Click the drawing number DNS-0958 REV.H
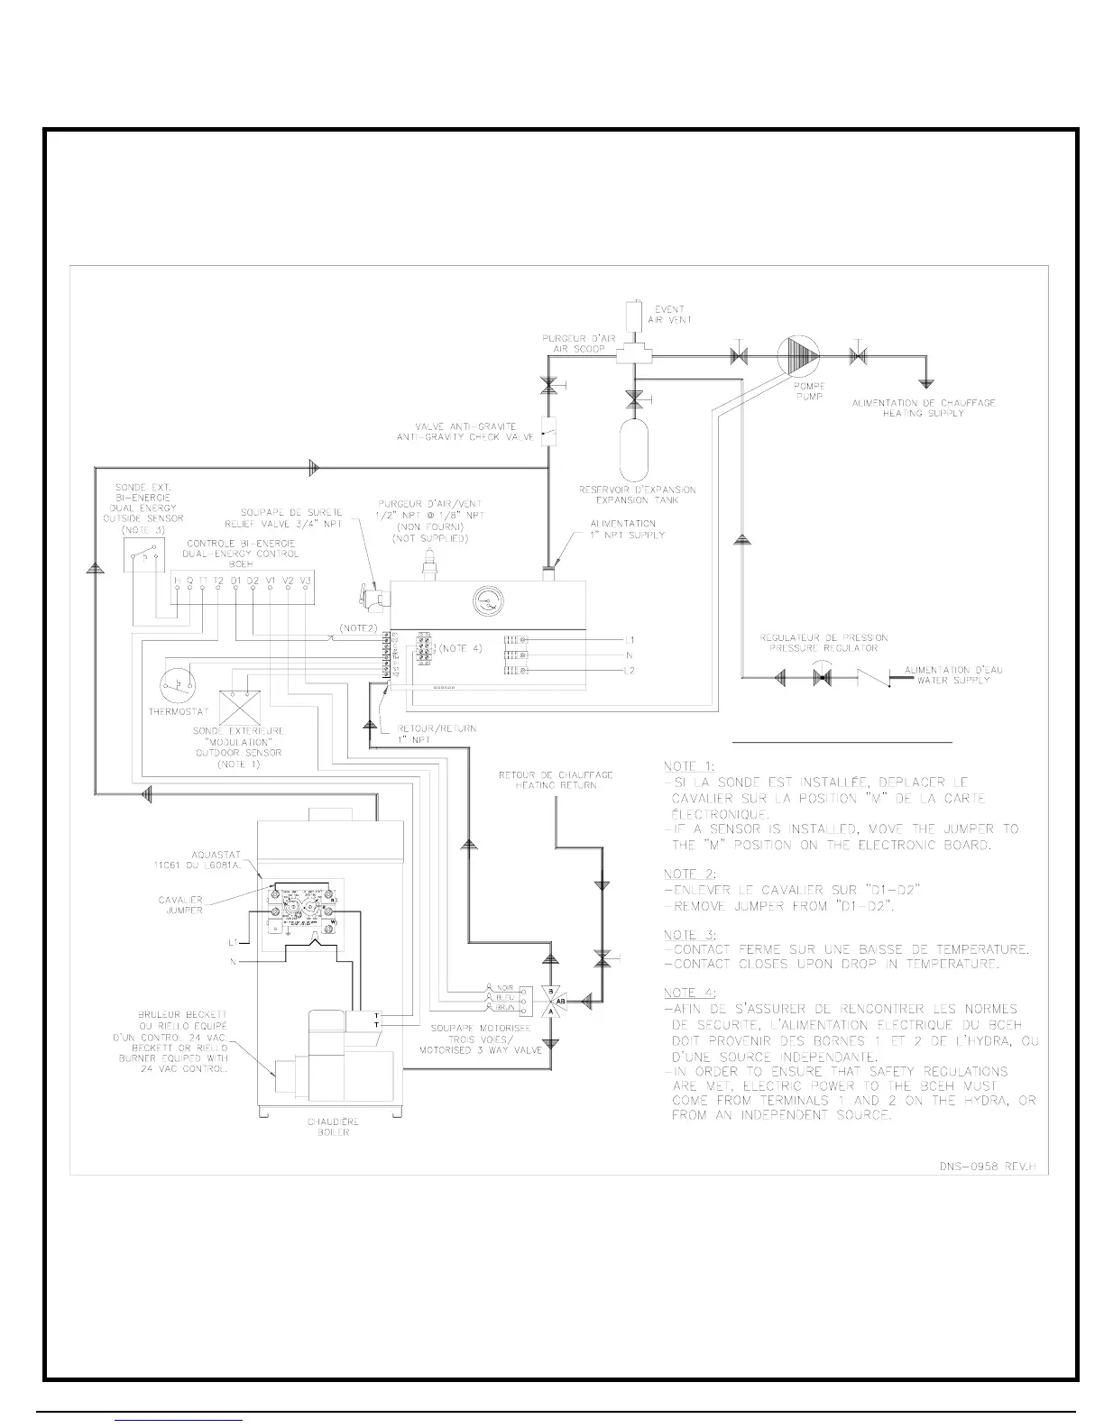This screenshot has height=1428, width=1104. pyautogui.click(x=989, y=1167)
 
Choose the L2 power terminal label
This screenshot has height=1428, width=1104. pyautogui.click(x=630, y=671)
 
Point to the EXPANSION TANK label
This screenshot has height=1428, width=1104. pyautogui.click(x=638, y=495)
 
